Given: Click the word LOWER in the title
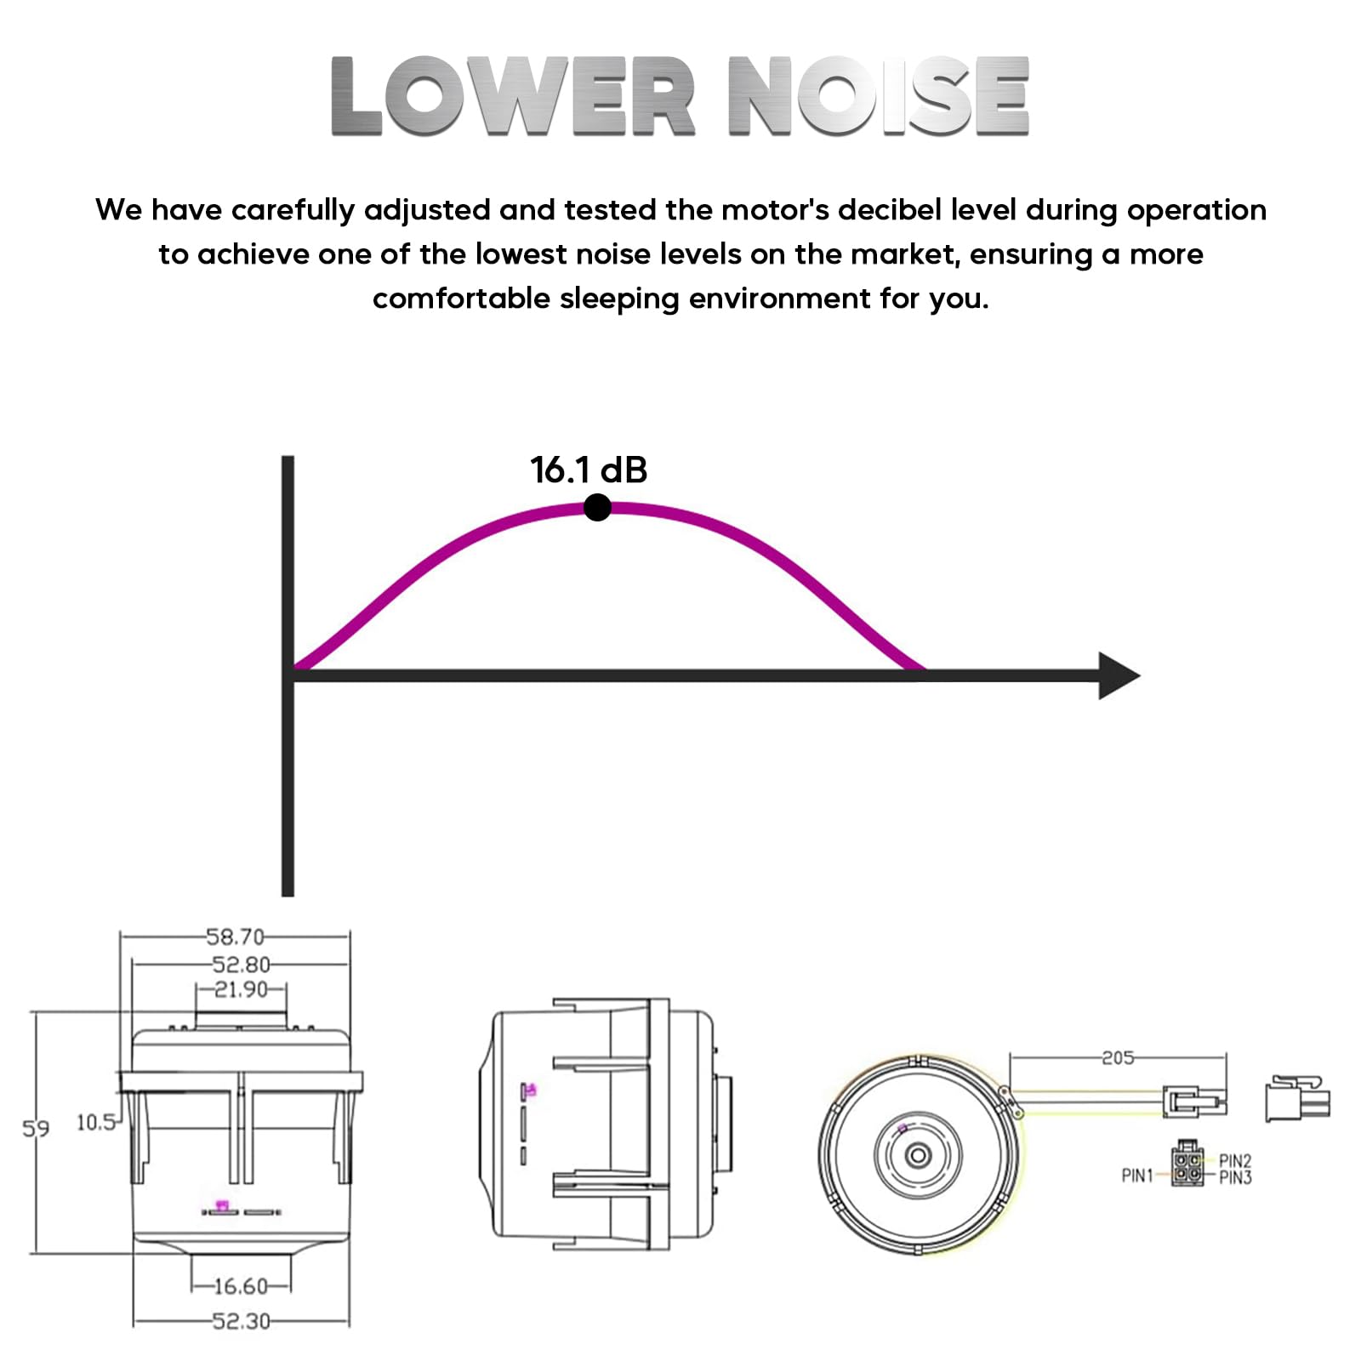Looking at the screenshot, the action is pos(513,95).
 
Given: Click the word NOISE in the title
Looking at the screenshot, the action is pos(879,95).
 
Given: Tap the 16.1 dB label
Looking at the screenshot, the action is pos(589,470).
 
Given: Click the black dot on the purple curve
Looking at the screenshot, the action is pos(598,508).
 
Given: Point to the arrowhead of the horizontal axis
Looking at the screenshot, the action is pos(1119,675).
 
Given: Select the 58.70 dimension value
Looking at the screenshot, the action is pos(236,937).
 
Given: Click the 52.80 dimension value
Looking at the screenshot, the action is pos(242,965).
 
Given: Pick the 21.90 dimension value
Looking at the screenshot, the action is pos(241,989).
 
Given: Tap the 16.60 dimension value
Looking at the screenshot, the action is pos(241,1286).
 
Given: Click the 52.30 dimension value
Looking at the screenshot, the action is pos(242,1321).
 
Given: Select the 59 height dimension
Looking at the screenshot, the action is pos(36,1129).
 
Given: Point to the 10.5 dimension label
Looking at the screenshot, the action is pos(96,1122).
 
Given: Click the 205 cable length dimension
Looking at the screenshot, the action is pos(1118,1057).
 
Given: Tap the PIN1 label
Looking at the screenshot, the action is pos(1137,1176).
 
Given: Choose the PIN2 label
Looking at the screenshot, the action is pos(1235,1161).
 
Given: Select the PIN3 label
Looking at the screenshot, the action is pos(1235,1177).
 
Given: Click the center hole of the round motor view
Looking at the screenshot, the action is pos(918,1155).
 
